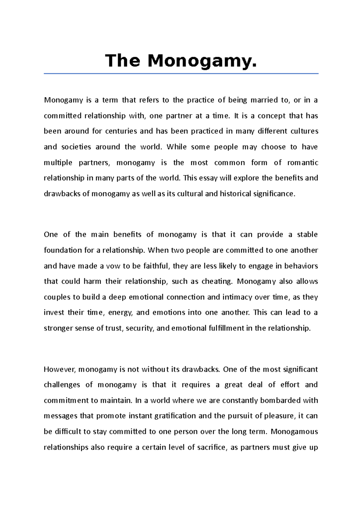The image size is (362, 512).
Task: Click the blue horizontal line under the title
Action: pyautogui.click(x=181, y=73)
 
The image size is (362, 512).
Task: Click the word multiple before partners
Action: pyautogui.click(x=58, y=163)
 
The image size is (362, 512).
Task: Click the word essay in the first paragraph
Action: pyautogui.click(x=209, y=178)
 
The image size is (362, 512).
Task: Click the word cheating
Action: pyautogui.click(x=217, y=281)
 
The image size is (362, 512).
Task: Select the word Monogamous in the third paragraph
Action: pyautogui.click(x=294, y=431)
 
